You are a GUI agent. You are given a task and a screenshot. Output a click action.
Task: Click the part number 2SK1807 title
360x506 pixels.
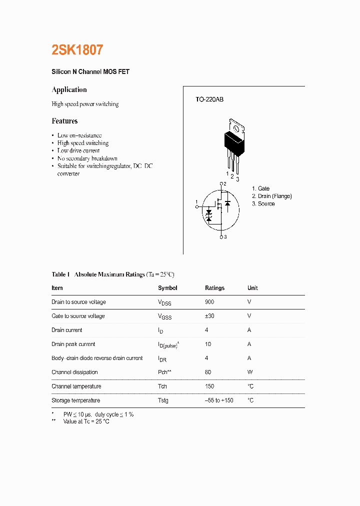tap(77, 50)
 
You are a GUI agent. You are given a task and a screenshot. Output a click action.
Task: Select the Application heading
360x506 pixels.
tap(69, 90)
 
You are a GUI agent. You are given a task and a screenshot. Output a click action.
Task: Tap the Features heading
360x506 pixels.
tap(64, 121)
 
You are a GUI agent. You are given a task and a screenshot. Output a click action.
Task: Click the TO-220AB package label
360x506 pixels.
tap(209, 99)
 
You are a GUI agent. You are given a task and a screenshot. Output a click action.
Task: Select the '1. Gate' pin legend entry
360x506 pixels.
tap(260, 188)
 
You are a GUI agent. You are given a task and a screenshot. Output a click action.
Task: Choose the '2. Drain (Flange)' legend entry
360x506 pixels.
tap(271, 196)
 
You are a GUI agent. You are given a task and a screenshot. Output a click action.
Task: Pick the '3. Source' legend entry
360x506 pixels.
tap(263, 203)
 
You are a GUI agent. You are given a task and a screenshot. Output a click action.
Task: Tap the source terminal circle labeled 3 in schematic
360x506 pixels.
tap(221, 237)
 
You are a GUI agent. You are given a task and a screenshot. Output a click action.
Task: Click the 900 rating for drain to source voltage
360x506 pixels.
tap(210, 302)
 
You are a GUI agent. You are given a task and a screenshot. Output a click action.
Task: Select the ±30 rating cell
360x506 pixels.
tap(210, 316)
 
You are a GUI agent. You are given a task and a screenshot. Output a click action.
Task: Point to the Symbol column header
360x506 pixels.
tap(167, 288)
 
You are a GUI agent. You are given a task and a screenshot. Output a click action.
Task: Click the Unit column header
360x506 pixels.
tap(252, 288)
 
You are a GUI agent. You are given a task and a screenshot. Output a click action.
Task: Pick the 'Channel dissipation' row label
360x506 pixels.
tap(74, 372)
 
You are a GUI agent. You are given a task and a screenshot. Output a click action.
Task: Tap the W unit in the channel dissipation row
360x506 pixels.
tap(250, 372)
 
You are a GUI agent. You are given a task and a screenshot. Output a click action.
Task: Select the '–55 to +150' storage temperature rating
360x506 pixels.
tap(219, 400)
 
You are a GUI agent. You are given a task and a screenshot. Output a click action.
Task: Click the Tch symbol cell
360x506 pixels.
tap(162, 386)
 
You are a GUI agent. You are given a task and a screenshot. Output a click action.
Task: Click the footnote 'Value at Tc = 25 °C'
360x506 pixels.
tap(86, 421)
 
